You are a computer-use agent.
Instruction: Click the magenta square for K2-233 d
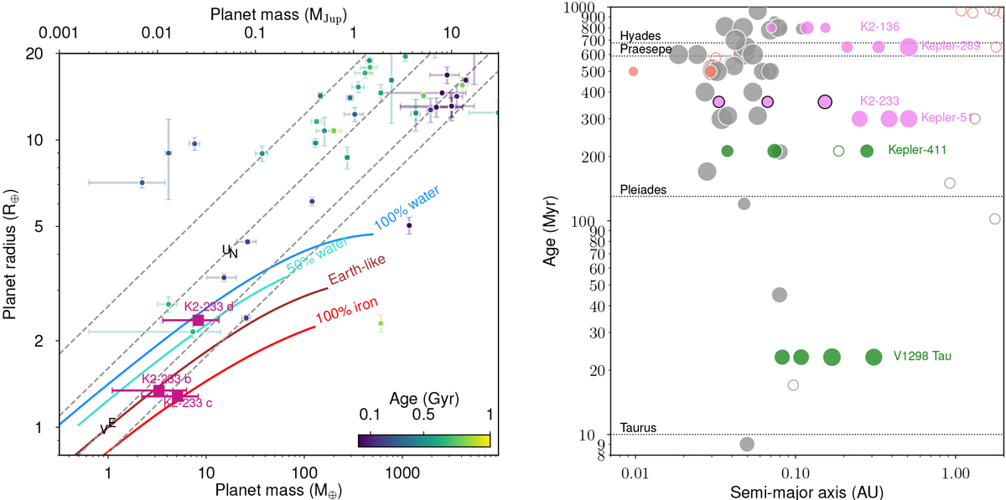pos(198,320)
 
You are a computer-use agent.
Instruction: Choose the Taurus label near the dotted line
pos(638,428)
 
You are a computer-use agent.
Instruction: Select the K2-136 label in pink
pos(879,27)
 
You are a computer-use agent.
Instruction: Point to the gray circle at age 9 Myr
pos(747,443)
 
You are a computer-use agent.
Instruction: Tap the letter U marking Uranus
pos(226,250)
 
